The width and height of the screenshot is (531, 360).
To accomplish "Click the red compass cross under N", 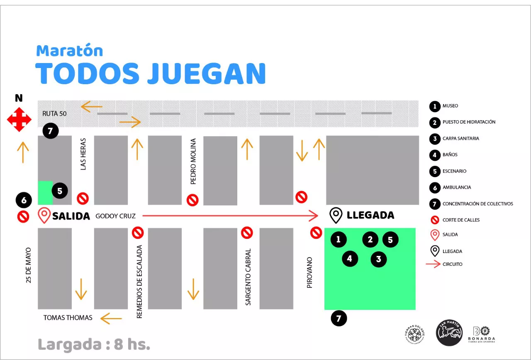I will [19, 119].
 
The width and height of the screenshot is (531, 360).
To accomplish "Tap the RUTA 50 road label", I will [54, 113].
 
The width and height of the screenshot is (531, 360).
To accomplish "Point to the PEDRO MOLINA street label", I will [193, 161].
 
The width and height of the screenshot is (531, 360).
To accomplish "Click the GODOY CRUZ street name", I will [115, 216].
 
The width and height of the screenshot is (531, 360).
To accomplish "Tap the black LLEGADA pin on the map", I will [336, 215].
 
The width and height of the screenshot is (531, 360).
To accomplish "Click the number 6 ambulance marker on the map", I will [24, 201].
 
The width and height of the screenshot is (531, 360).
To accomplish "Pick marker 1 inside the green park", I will [339, 239].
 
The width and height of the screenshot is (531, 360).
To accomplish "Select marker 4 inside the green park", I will [350, 259].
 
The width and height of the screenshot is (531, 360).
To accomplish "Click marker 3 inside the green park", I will [378, 259].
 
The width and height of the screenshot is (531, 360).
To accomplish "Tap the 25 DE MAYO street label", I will [28, 265].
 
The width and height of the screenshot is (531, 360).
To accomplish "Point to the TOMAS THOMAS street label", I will [68, 318].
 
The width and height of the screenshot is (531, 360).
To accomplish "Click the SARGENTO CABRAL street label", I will [248, 277].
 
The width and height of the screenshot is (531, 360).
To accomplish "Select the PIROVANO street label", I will [309, 272].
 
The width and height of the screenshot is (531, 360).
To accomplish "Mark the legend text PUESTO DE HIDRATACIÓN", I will [469, 122].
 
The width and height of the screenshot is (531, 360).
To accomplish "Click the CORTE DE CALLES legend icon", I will [434, 220].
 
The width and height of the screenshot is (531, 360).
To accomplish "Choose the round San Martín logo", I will [449, 333].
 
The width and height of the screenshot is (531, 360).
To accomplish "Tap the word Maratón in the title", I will [69, 51].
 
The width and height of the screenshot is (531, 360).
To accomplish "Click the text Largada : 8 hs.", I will [94, 344].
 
